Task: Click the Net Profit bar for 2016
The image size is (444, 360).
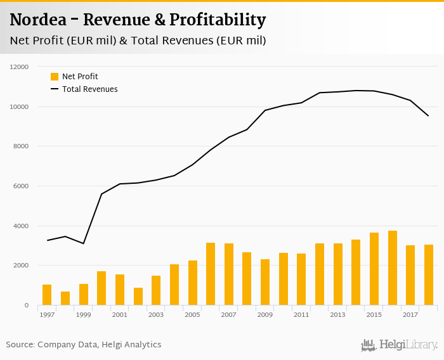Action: coord(393,268)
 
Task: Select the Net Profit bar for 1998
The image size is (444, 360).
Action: coord(65,299)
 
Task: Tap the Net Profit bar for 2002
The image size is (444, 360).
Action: coord(138,297)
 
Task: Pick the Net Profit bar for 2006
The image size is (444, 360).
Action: coord(211,274)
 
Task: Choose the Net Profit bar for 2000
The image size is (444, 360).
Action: coord(101,288)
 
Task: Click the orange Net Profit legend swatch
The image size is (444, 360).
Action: coord(55,77)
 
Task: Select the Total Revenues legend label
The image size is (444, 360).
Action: coord(90,89)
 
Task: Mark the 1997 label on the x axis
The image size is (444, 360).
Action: coord(46,314)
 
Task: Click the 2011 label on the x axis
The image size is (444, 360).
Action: coord(301,314)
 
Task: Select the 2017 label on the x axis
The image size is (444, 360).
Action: coord(410,314)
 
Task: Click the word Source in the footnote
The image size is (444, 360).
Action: coord(20,345)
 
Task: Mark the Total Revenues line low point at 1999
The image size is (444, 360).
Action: coord(83,243)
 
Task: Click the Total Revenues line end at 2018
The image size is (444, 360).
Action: coord(429,116)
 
